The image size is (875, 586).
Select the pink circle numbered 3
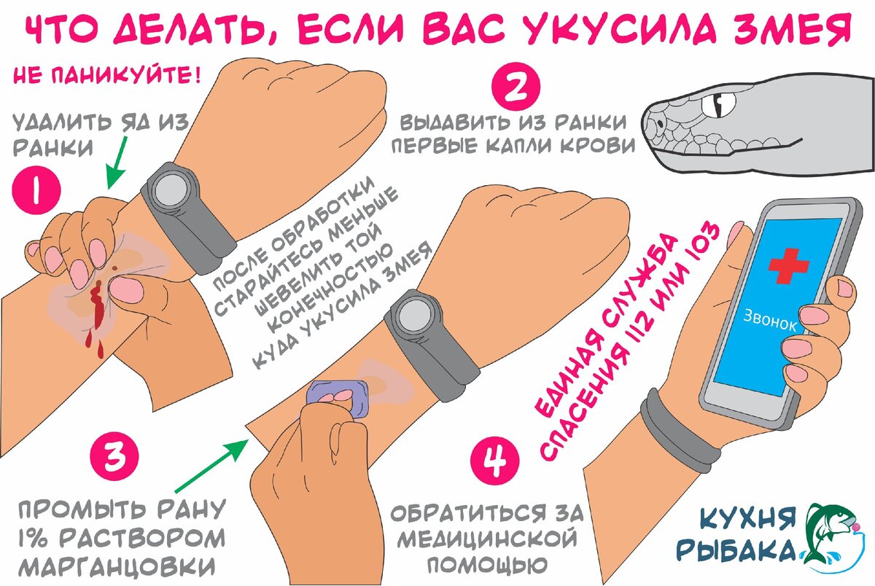tap(114, 456)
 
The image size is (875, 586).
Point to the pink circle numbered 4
tap(495, 461)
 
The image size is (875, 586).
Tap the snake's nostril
tap(660, 123)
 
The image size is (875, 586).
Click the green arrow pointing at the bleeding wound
tap(116, 163)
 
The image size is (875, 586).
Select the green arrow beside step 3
tap(211, 466)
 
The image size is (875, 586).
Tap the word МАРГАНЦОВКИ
tap(117, 566)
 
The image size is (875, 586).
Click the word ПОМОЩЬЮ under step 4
tap(487, 565)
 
